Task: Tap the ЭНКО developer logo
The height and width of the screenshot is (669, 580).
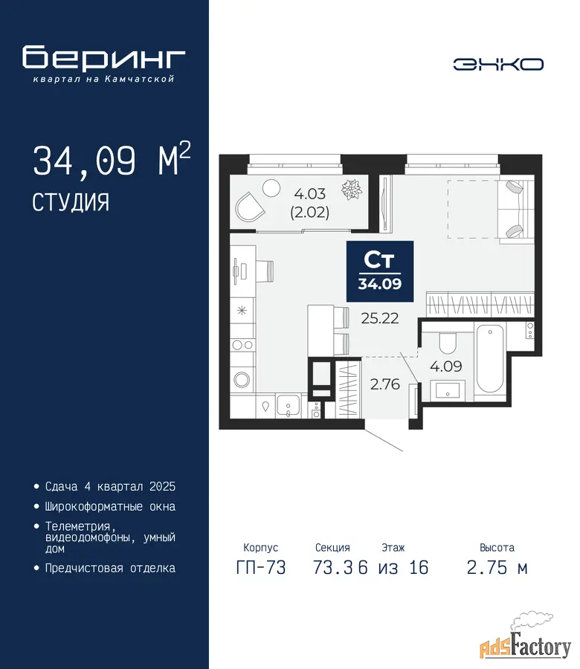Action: [x=498, y=65]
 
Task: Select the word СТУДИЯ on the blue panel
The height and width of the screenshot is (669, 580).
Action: [x=71, y=201]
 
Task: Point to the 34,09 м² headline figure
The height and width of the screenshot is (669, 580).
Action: [x=112, y=160]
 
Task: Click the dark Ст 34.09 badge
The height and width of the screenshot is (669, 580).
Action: [x=380, y=271]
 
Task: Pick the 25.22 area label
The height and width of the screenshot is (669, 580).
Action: [x=380, y=318]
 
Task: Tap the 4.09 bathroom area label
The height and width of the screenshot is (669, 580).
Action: [x=446, y=366]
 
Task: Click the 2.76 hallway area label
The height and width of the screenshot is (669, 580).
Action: [x=385, y=384]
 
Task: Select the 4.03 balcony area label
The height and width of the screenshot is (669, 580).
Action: [x=310, y=194]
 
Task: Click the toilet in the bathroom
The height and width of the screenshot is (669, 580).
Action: [x=448, y=342]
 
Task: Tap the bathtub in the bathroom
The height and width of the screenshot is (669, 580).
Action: [x=489, y=359]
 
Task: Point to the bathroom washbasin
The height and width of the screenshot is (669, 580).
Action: [x=448, y=390]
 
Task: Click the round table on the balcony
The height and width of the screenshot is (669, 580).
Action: [x=271, y=188]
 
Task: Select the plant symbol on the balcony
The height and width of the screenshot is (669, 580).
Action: [x=352, y=190]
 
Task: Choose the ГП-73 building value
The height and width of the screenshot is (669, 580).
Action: [x=261, y=567]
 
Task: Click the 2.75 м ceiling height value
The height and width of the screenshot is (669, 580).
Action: [x=497, y=567]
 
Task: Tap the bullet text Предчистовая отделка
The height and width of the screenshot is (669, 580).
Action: [x=110, y=568]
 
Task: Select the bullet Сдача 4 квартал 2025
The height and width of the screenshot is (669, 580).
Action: [x=110, y=486]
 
